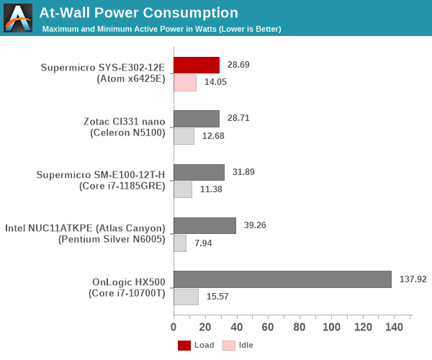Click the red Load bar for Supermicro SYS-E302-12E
[196, 65]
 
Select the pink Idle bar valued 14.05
[185, 83]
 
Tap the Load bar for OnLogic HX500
[282, 279]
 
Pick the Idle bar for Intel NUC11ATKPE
[180, 243]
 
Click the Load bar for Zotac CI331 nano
[196, 118]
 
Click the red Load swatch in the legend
[184, 346]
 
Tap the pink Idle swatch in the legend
[229, 346]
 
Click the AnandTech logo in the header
[18, 18]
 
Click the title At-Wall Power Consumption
[138, 13]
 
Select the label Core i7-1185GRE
[122, 186]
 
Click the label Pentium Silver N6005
[112, 239]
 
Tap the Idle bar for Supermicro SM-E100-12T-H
[183, 190]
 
